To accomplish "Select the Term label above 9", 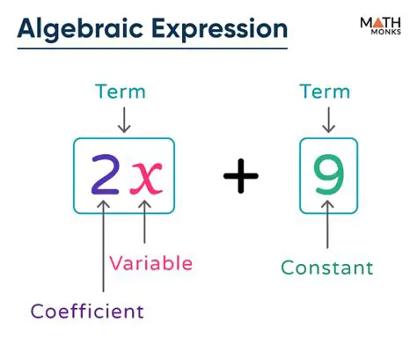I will (326, 92).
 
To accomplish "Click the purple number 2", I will (106, 176).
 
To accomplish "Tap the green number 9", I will (328, 176).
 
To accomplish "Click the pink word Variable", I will (150, 262).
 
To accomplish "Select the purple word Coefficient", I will (87, 311).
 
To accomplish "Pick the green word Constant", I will (327, 268).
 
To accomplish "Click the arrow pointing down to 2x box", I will (124, 121).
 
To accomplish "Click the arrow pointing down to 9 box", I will (327, 121).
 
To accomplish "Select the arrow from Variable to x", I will (145, 224).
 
